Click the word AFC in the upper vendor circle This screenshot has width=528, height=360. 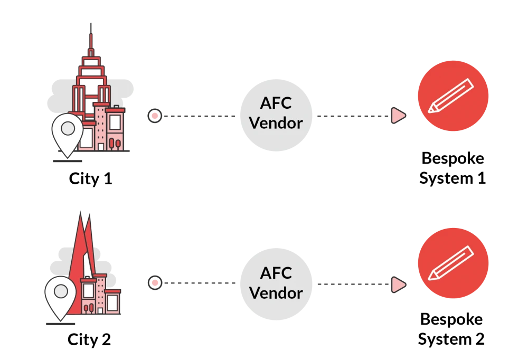(276, 103)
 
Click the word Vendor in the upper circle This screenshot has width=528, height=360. (276, 123)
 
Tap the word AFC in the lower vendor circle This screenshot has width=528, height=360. (276, 273)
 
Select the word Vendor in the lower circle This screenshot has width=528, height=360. (276, 292)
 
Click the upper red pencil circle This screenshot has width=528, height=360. (453, 96)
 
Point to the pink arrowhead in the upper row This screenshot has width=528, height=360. (398, 115)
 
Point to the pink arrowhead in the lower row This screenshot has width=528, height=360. (398, 285)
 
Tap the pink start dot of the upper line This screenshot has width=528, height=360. (154, 115)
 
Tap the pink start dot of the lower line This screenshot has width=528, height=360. (154, 283)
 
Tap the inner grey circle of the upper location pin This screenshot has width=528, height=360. (68, 128)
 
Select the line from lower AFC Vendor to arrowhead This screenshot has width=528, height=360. (351, 285)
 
